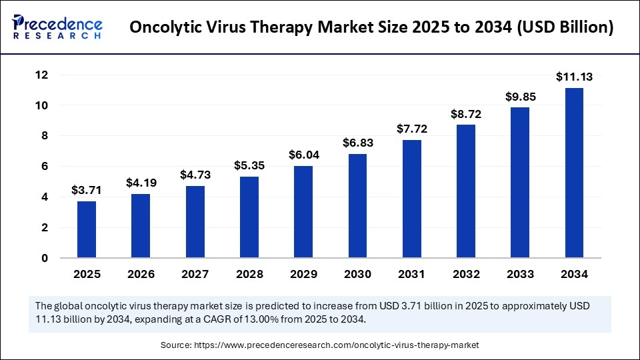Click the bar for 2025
click(87, 229)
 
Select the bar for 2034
click(574, 173)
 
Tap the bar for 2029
click(303, 211)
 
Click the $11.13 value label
click(574, 77)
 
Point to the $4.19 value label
click(141, 182)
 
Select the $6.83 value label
click(357, 142)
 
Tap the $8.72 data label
click(466, 113)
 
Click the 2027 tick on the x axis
click(195, 274)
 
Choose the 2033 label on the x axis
click(520, 274)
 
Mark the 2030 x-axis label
click(357, 274)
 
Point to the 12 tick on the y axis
click(41, 75)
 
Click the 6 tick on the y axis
click(44, 167)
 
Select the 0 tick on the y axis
click(44, 258)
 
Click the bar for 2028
click(249, 217)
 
